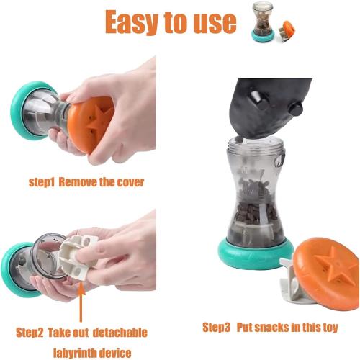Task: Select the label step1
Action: [x=42, y=182]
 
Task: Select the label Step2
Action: [x=32, y=332]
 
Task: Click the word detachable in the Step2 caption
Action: [x=117, y=332]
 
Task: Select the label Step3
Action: [x=216, y=328]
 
